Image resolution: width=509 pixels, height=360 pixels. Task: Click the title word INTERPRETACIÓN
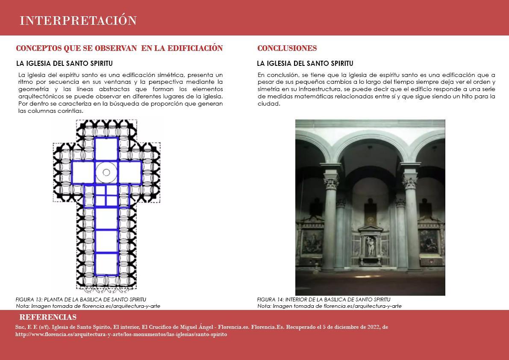[78, 21]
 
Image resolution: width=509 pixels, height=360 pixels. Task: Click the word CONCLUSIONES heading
[287, 48]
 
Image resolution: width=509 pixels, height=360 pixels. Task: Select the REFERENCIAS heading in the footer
[48, 317]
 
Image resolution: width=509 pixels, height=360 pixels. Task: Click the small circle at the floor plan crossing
[106, 172]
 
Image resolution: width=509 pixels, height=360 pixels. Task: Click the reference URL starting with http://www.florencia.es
[121, 334]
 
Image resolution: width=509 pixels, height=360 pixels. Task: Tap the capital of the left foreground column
[331, 183]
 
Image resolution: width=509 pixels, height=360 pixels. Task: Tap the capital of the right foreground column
[410, 183]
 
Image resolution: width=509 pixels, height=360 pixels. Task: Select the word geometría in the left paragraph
[36, 89]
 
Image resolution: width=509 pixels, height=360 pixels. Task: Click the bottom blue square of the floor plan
[106, 264]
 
